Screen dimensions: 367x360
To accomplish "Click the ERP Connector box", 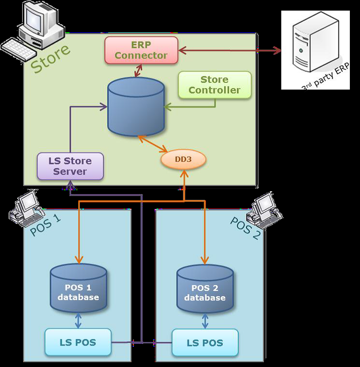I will coord(141,50).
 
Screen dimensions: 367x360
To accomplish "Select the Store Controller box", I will coord(215,85).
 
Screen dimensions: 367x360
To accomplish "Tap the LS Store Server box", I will coord(70,166).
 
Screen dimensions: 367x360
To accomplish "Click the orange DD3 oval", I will coord(183,159).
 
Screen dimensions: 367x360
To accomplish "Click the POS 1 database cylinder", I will coord(78,288).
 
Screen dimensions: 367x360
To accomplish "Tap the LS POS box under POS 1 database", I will coord(78,343).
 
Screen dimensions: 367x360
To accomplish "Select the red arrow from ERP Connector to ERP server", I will coord(229,50).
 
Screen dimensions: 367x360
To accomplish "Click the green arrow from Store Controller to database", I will coord(193,106).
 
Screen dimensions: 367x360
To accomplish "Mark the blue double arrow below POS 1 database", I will coord(78,320).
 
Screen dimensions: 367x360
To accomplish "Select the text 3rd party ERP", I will coord(325,77).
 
